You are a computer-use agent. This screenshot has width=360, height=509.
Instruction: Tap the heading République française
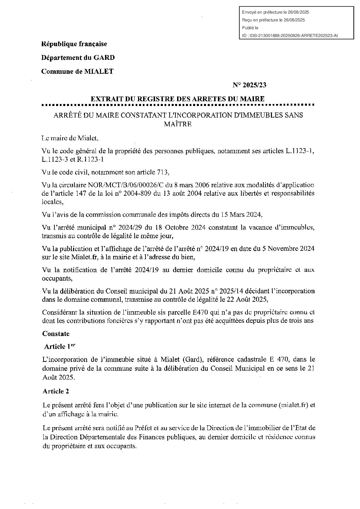74,44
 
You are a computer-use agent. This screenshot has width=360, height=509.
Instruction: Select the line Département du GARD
78,57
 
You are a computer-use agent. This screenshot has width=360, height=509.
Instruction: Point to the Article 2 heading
56,391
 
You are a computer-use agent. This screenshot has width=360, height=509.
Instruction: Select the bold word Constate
56,333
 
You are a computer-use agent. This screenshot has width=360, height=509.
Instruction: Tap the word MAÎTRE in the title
178,124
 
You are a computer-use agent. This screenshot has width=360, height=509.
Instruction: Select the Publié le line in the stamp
250,28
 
